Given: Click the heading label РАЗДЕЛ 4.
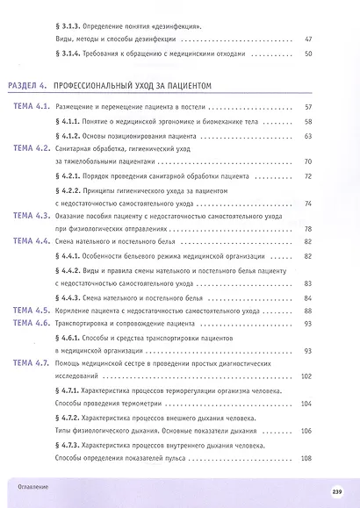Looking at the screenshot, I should pyautogui.click(x=25, y=86).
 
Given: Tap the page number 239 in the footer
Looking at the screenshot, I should pyautogui.click(x=335, y=490).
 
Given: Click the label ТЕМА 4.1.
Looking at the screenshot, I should pyautogui.click(x=32, y=106).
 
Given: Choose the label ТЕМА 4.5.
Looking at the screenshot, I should pyautogui.click(x=32, y=311).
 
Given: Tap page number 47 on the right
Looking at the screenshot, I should pyautogui.click(x=307, y=39).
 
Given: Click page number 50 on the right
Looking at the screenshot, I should pyautogui.click(x=307, y=54).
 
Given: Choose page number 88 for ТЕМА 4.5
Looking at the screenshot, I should pyautogui.click(x=307, y=311).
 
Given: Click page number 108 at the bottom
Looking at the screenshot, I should pyautogui.click(x=306, y=460).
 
